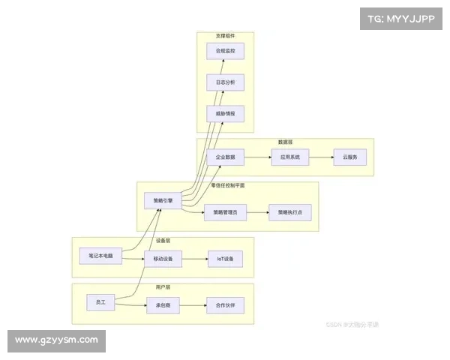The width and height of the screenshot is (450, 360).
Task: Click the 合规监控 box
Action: [x=225, y=51]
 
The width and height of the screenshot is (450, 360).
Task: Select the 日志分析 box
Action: [x=225, y=82]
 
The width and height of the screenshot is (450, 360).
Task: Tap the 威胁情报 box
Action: [x=225, y=114]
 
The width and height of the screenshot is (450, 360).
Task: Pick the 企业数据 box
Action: [x=225, y=157]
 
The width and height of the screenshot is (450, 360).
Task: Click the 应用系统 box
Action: [x=289, y=157]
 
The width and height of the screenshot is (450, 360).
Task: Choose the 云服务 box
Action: [x=349, y=157]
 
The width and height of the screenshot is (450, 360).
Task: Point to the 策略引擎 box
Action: [x=162, y=201]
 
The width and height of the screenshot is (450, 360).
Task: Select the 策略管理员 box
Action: [x=225, y=213]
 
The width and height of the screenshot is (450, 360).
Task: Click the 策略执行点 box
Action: [x=289, y=213]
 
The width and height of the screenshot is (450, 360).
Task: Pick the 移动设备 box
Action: [x=163, y=259]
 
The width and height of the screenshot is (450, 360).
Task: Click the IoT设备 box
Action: [x=225, y=259]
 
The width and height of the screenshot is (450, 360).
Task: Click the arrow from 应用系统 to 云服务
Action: [x=321, y=157]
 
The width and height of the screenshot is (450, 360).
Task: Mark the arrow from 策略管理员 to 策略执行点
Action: [x=257, y=213]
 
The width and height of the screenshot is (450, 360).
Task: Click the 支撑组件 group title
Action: [x=225, y=35]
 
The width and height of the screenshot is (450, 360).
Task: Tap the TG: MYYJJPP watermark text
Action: [x=401, y=18]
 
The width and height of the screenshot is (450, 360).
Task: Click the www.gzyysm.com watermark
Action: [x=56, y=340]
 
